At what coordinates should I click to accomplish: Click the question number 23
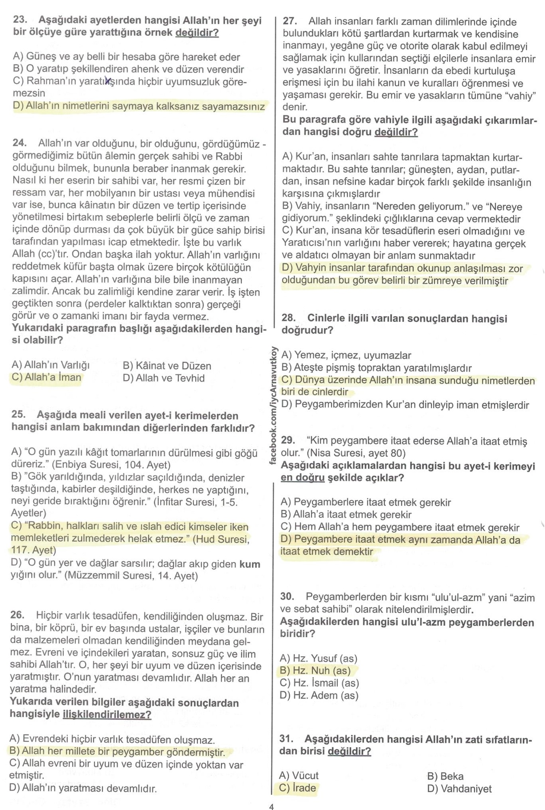pyautogui.click(x=20, y=20)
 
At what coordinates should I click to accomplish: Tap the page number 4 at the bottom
pyautogui.click(x=272, y=804)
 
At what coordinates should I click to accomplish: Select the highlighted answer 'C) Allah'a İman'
pyautogui.click(x=47, y=378)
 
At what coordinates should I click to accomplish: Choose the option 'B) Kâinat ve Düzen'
pyautogui.click(x=167, y=366)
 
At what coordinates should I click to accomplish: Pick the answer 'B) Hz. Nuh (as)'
pyautogui.click(x=315, y=671)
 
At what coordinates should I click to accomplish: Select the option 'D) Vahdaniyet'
pyautogui.click(x=459, y=789)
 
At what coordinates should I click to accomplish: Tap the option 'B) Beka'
pyautogui.click(x=445, y=776)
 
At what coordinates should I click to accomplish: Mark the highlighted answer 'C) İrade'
pyautogui.click(x=298, y=788)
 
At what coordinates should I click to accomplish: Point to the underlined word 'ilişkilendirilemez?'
pyautogui.click(x=107, y=714)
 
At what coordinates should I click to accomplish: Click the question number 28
pyautogui.click(x=288, y=319)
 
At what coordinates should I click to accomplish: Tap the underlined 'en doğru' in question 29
pyautogui.click(x=302, y=478)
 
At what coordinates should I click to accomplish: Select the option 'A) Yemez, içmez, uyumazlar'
pyautogui.click(x=346, y=355)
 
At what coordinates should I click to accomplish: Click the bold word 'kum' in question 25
pyautogui.click(x=250, y=564)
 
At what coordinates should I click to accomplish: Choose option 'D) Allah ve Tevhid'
pyautogui.click(x=164, y=378)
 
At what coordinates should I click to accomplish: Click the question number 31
pyautogui.click(x=286, y=739)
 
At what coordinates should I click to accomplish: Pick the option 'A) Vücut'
pyautogui.click(x=299, y=776)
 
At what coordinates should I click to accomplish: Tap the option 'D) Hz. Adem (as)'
pyautogui.click(x=319, y=695)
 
